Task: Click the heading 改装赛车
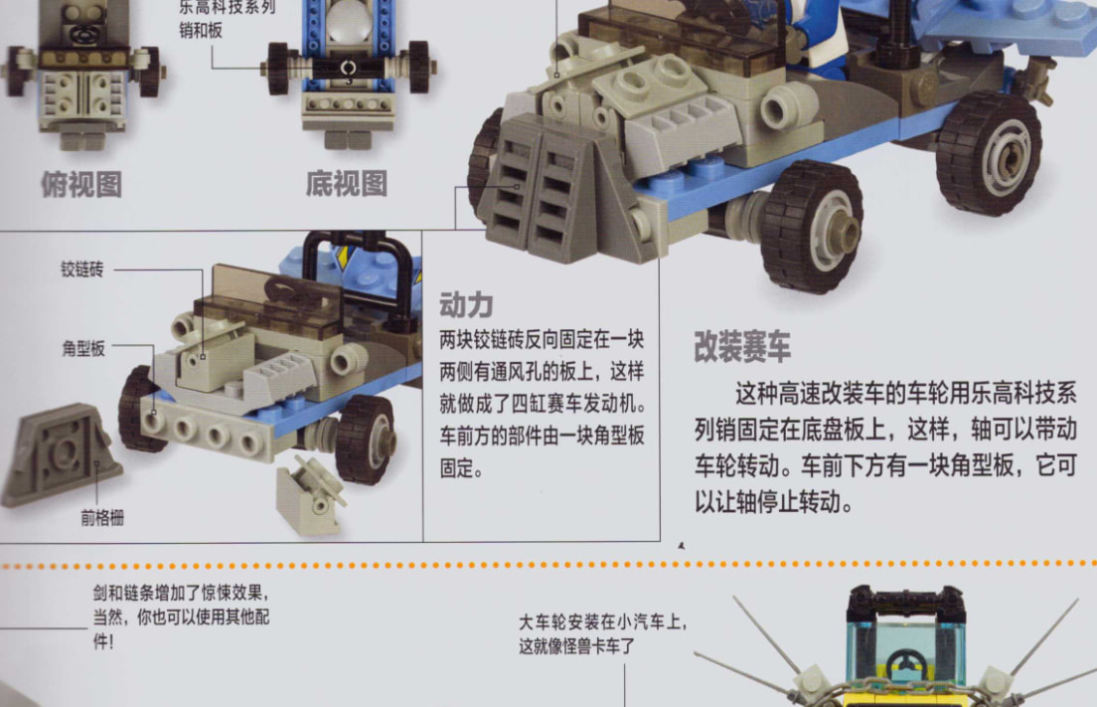pyautogui.click(x=741, y=346)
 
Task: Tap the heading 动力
pyautogui.click(x=467, y=305)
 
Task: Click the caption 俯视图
pyautogui.click(x=81, y=185)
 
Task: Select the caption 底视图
pyautogui.click(x=347, y=184)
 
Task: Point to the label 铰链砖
pyautogui.click(x=81, y=269)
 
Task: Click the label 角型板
pyautogui.click(x=83, y=349)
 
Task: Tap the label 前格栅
pyautogui.click(x=102, y=518)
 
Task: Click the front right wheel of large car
pyautogui.click(x=813, y=226)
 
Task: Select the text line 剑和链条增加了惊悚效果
pyautogui.click(x=181, y=593)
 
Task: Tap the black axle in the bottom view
pyautogui.click(x=348, y=69)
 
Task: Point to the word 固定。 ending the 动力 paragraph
pyautogui.click(x=461, y=468)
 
